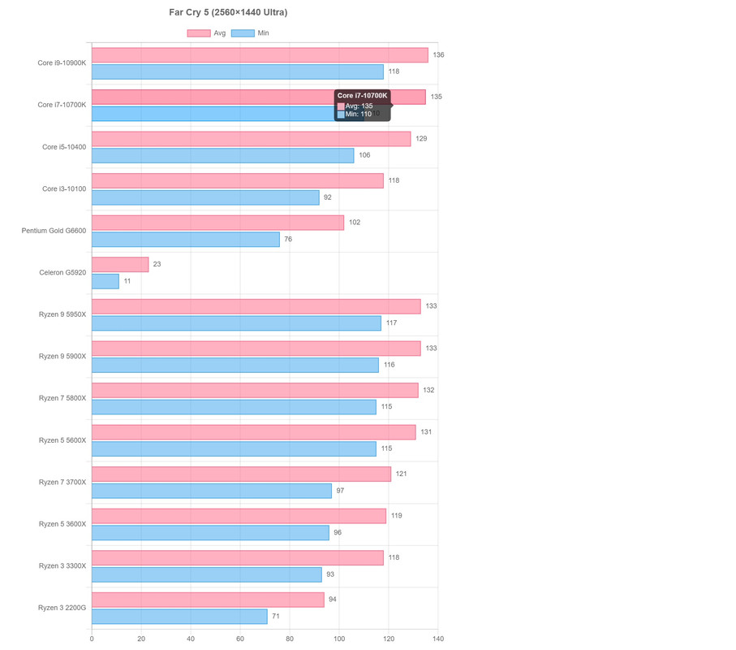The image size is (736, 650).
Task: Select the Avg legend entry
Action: [x=207, y=33]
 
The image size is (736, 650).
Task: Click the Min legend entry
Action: [x=251, y=33]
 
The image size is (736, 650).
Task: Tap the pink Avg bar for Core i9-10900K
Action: [x=260, y=55]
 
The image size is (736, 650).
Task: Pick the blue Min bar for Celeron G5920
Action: [x=105, y=281]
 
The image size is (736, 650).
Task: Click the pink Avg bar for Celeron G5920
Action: [x=120, y=264]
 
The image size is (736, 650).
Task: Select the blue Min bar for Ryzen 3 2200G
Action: [x=179, y=617]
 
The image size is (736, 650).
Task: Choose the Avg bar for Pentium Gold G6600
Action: [x=217, y=223]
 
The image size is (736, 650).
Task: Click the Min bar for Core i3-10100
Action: [x=205, y=197]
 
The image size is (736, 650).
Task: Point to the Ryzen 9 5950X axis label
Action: [x=62, y=314]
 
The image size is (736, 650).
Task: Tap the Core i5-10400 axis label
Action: [x=64, y=147]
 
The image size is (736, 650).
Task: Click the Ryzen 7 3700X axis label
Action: [x=62, y=482]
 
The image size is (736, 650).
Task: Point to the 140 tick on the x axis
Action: [x=438, y=639]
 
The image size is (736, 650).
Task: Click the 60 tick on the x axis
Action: [x=240, y=639]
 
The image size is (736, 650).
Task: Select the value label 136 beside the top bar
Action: [x=438, y=55]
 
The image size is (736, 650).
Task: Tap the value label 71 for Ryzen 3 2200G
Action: [x=276, y=617]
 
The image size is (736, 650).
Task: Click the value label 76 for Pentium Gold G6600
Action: [x=288, y=240]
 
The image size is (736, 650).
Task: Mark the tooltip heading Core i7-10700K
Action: [x=362, y=96]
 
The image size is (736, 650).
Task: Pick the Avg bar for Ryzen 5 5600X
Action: [x=253, y=432]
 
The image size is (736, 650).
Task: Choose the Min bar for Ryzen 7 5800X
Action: [x=234, y=407]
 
